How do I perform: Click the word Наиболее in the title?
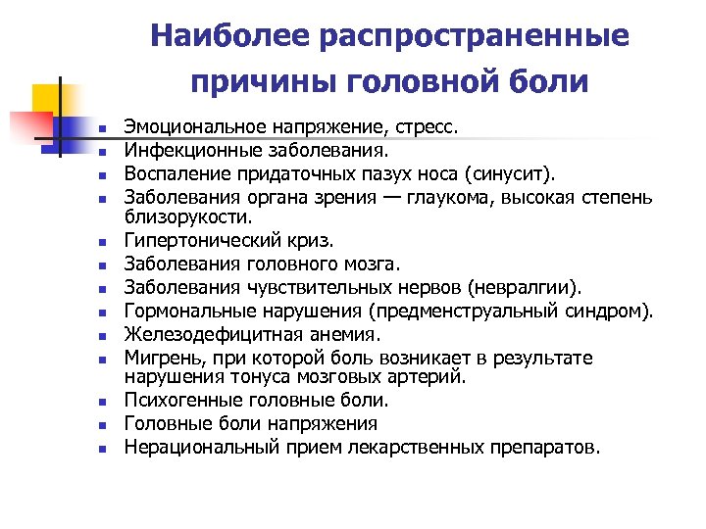[x=230, y=37]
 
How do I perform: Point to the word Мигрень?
[x=157, y=360]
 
